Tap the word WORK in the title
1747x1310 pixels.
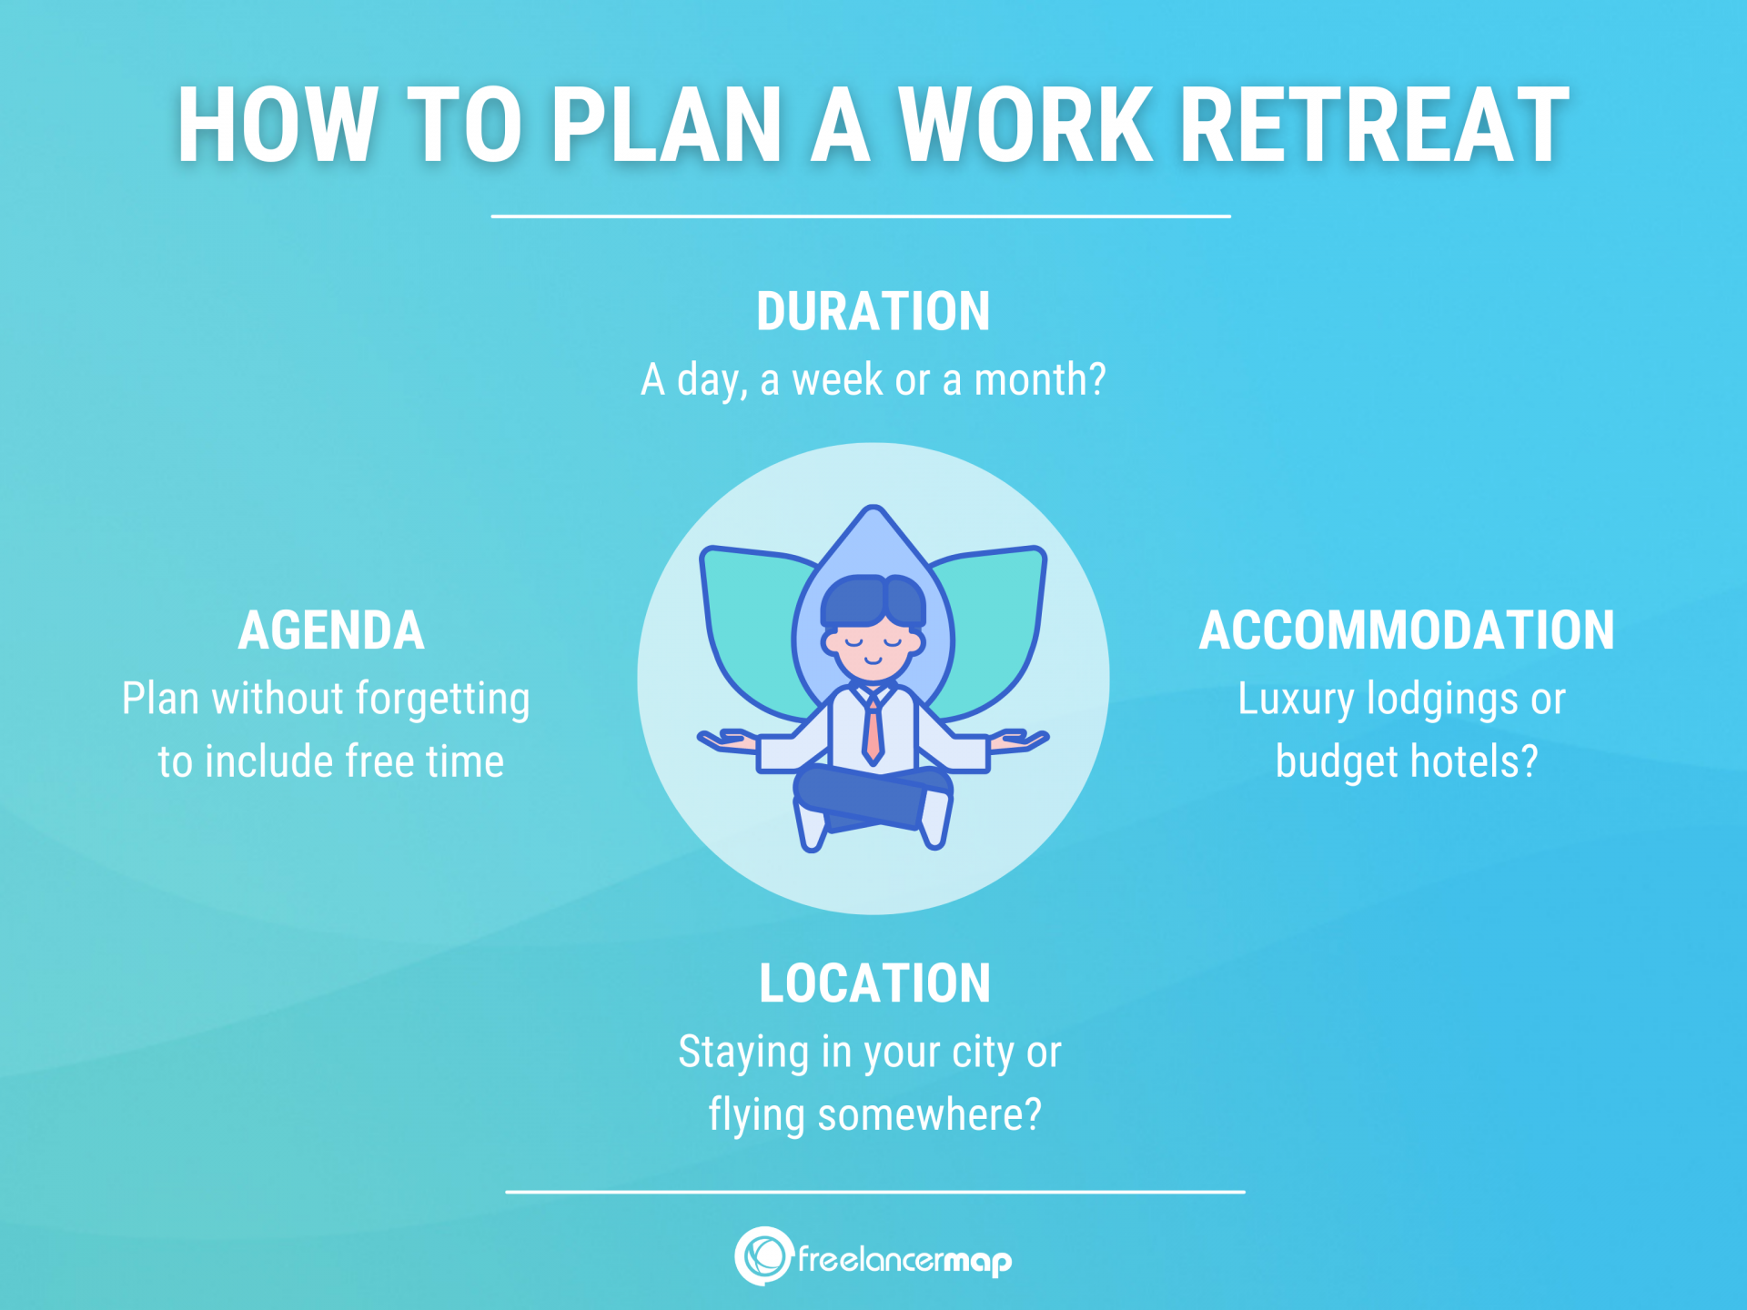1025,125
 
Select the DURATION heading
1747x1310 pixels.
873,312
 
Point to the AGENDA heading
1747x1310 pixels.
331,630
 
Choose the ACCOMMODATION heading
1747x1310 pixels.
1406,630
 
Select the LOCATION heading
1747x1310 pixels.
874,983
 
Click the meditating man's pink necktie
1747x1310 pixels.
873,732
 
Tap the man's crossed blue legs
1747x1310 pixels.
872,796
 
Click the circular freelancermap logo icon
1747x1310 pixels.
763,1256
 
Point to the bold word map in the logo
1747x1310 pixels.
977,1261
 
